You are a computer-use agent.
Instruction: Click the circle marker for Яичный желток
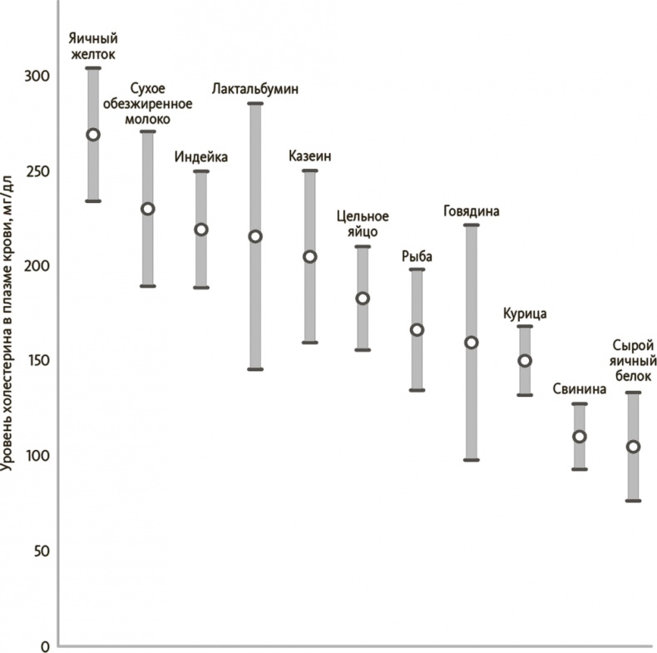(93, 135)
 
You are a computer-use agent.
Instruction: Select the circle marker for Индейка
(200, 230)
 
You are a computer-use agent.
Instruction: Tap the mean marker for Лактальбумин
(255, 236)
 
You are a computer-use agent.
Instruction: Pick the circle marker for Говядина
(472, 343)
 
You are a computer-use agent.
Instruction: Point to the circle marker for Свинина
(579, 437)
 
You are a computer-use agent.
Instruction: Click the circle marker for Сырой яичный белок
(633, 447)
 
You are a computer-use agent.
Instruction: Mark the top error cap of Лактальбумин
(255, 104)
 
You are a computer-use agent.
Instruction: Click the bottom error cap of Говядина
(472, 460)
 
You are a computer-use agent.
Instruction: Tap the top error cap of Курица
(525, 326)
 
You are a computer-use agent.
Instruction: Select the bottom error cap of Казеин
(309, 343)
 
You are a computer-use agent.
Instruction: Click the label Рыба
(417, 256)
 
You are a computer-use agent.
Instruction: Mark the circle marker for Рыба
(417, 330)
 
